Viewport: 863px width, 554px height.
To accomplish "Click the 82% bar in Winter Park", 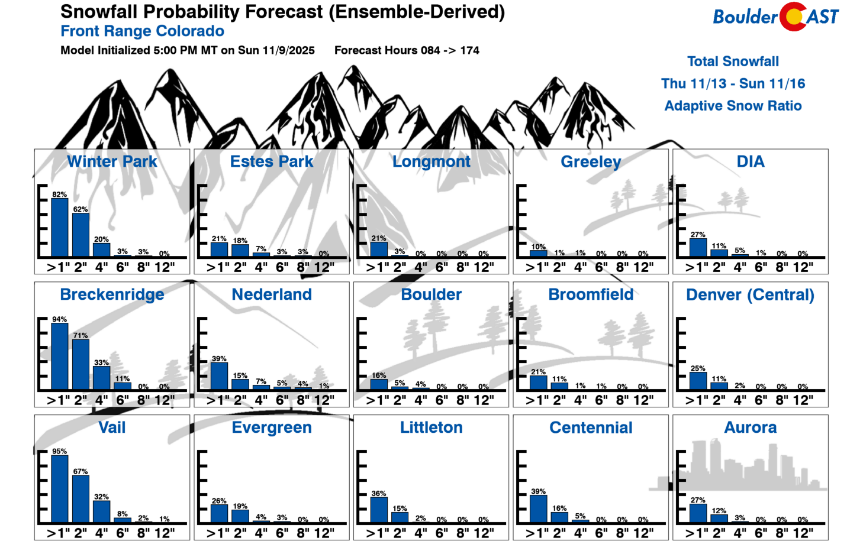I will [x=60, y=227].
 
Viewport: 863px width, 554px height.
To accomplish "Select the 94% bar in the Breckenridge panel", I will [x=60, y=356].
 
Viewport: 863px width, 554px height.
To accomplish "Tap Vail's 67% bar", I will [x=80, y=499].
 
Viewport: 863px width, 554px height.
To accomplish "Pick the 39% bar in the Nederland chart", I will [x=219, y=376].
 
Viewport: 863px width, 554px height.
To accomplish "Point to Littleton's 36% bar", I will [x=379, y=510].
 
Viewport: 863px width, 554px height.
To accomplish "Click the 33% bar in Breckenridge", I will [x=101, y=378].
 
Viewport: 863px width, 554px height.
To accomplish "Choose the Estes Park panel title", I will [x=272, y=161].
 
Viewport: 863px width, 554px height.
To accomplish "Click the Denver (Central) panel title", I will [x=750, y=294].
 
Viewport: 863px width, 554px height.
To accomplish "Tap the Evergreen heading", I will [x=272, y=427].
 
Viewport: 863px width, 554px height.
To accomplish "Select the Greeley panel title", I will [x=591, y=161].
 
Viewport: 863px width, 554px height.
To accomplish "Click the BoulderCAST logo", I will [x=775, y=17].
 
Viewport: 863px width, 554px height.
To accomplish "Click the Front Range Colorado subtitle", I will [x=142, y=31].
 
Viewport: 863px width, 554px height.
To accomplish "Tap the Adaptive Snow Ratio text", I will [x=733, y=106].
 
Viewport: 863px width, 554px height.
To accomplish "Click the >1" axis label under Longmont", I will [x=377, y=267].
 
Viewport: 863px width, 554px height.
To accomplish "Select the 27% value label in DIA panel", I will [x=698, y=235].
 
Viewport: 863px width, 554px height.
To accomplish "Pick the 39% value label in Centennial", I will [x=538, y=491].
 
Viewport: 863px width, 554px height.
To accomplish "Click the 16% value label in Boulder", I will [x=379, y=375].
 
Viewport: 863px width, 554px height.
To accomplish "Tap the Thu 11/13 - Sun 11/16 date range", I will [x=733, y=83].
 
